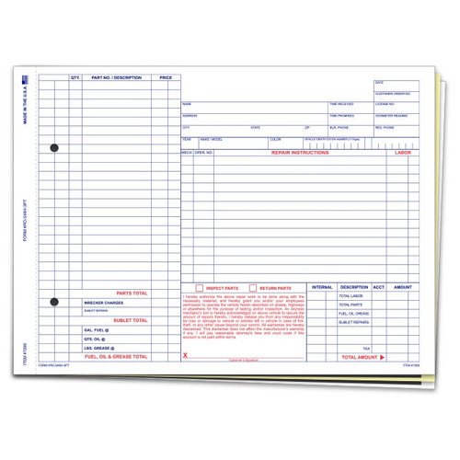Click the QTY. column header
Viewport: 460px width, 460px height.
(75, 79)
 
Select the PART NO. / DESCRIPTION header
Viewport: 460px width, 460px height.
(117, 79)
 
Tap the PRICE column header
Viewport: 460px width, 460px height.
(166, 79)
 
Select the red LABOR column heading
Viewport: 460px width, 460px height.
(402, 151)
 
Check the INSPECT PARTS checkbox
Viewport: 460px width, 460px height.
(188, 288)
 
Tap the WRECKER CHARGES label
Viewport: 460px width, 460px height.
(103, 302)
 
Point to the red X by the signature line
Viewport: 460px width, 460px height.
(187, 354)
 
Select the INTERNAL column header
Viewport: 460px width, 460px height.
(322, 288)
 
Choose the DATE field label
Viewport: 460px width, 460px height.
(378, 82)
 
